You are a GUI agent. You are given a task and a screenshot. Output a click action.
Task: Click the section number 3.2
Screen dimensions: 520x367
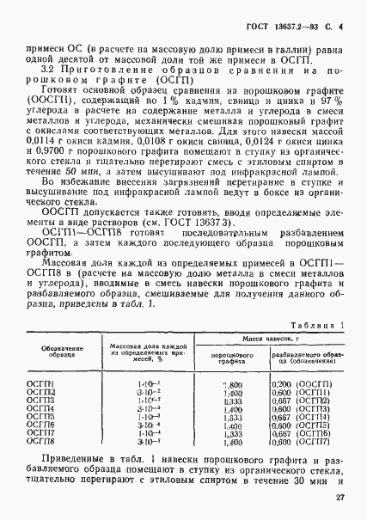[x=48, y=67]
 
